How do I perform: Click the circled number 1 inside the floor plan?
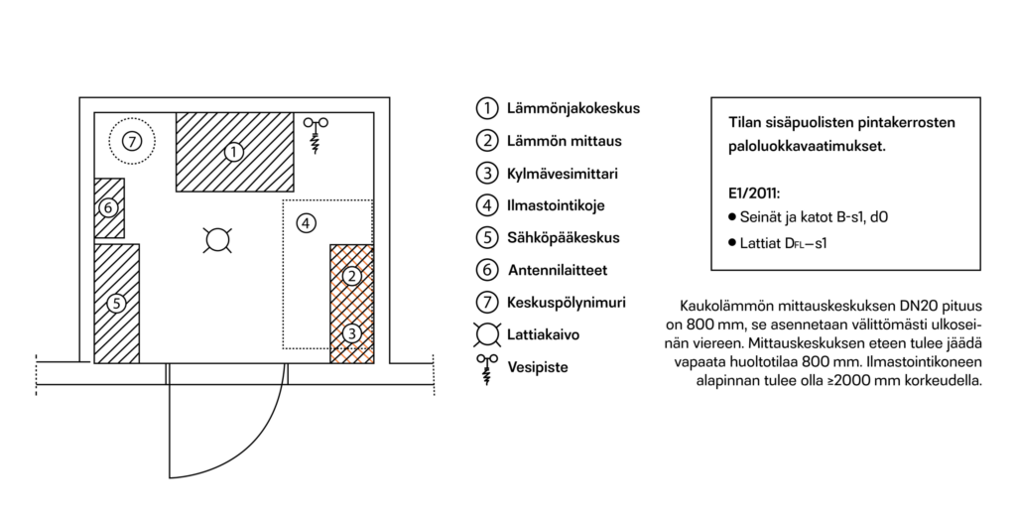tap(233, 152)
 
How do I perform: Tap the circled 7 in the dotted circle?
tap(132, 141)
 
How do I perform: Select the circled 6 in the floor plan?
tap(108, 208)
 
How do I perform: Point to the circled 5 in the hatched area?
tap(116, 304)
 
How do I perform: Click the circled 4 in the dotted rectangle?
tap(306, 223)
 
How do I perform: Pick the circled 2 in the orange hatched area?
tap(351, 277)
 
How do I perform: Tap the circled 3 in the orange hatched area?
tap(351, 333)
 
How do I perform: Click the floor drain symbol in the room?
tap(217, 240)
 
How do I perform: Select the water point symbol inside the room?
tap(316, 135)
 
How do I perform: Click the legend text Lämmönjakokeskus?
tap(573, 108)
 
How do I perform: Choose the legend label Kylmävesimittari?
tap(563, 174)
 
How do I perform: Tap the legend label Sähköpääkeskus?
tap(564, 238)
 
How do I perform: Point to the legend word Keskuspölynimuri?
tap(567, 302)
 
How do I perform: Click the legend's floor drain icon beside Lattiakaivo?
tap(487, 335)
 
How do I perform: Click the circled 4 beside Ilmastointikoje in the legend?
tap(487, 206)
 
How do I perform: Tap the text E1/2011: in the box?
tap(754, 194)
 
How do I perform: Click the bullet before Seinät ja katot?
tap(732, 216)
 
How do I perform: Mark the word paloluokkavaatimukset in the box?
tap(807, 147)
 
